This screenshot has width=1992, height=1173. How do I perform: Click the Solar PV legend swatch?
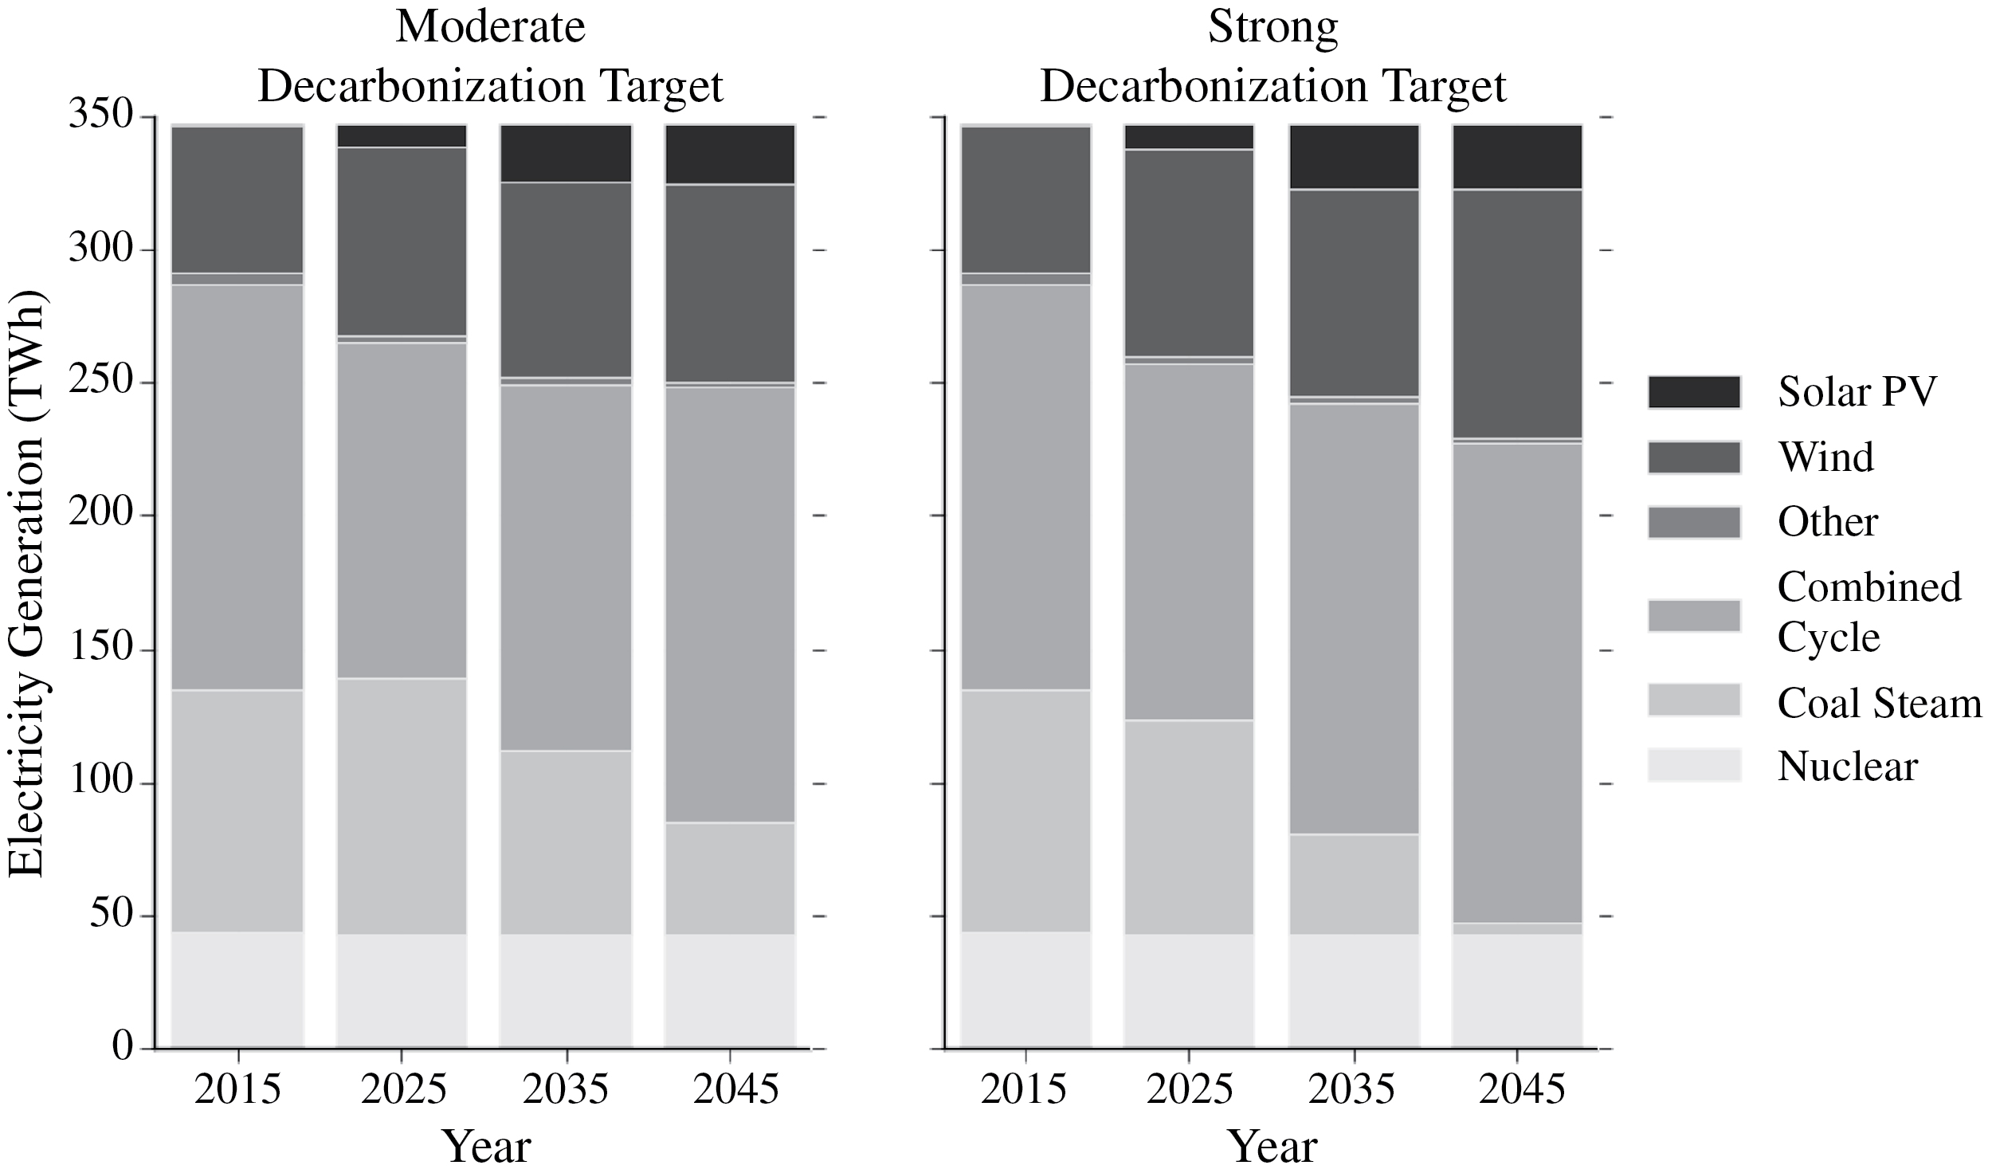coord(1694,392)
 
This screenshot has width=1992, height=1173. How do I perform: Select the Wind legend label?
coord(1825,457)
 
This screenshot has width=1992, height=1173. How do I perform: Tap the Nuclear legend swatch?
coord(1694,765)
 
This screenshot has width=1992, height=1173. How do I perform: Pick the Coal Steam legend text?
coord(1879,703)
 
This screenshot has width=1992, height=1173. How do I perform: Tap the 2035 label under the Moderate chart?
coord(566,1089)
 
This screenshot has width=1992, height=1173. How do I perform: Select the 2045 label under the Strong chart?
coord(1522,1089)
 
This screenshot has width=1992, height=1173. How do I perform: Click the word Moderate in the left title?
coord(490,27)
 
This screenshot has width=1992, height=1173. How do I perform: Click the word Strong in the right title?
coord(1272,27)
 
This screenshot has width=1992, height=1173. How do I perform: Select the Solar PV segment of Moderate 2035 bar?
coord(566,153)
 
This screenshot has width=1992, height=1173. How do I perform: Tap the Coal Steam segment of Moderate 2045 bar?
coord(730,878)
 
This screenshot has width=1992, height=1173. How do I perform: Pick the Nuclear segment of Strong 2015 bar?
coord(1025,988)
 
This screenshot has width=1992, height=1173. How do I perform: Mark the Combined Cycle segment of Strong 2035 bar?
coord(1354,619)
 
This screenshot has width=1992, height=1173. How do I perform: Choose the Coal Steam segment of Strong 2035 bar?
coord(1354,885)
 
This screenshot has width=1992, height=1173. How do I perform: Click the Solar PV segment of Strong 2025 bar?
coord(1189,137)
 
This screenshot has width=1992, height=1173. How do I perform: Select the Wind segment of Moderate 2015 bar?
coord(237,199)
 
